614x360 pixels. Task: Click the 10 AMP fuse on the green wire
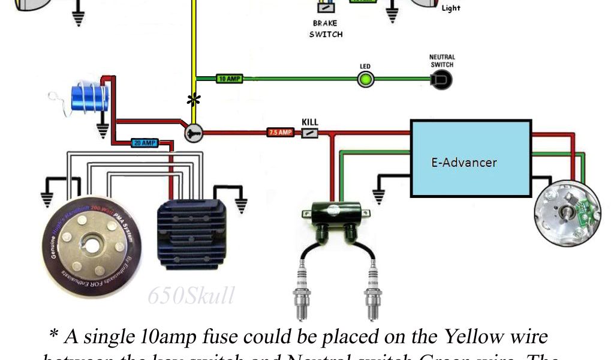[x=229, y=79]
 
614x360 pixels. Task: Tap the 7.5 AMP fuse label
[x=280, y=133]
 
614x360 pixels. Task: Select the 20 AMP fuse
[x=145, y=143]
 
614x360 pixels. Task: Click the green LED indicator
[x=365, y=79]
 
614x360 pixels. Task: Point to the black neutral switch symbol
[x=443, y=79]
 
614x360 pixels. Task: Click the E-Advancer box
[x=471, y=159]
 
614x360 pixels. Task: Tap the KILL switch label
[x=310, y=122]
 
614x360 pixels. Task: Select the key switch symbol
[x=194, y=133]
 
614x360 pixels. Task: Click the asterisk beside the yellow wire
[x=193, y=101]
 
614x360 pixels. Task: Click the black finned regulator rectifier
[x=191, y=235]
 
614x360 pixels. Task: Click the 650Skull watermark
[x=191, y=295]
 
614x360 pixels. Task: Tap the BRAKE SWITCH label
[x=326, y=29]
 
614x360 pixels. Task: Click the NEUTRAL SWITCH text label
[x=441, y=61]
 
